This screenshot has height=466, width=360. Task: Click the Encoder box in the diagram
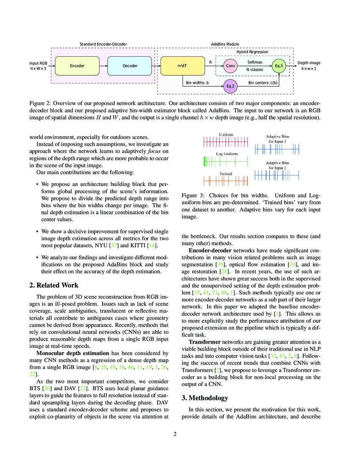pos(77,66)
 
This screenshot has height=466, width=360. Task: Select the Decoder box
pos(130,66)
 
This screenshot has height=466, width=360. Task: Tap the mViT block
pos(183,66)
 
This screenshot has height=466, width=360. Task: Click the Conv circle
pos(230,66)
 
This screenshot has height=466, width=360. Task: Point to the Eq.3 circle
pos(279,66)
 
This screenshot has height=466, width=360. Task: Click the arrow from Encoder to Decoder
pos(103,66)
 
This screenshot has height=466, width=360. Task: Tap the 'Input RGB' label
pos(38,63)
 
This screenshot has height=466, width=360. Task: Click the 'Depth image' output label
pos(309,63)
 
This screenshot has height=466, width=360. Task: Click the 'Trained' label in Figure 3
pos(225,174)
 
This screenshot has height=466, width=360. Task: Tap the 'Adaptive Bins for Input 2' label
pos(277,165)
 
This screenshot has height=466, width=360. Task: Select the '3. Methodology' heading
pos(205,398)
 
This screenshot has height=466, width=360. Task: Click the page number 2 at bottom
pos(180,434)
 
